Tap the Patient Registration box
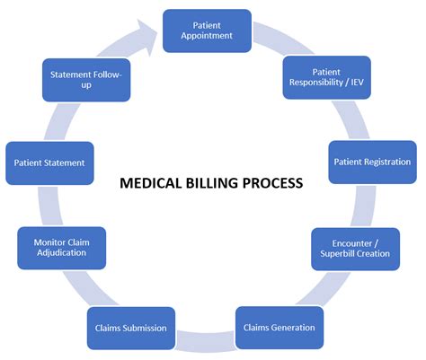[371, 162]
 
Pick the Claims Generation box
[279, 328]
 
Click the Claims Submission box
[130, 328]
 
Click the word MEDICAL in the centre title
[148, 183]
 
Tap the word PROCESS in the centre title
[274, 183]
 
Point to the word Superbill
[337, 254]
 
